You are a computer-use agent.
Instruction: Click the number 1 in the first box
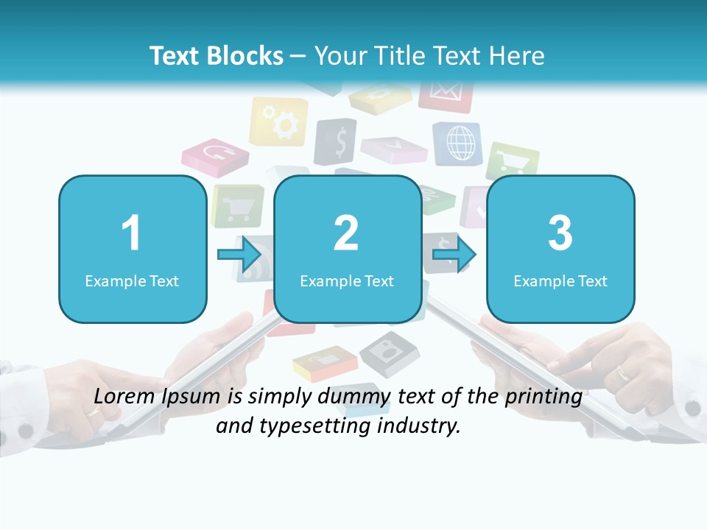132,233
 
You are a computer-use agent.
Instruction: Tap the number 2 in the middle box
346,233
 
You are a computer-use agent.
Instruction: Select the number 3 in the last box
560,233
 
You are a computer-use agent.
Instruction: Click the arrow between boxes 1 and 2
240,255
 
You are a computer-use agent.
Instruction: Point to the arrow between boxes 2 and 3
454,255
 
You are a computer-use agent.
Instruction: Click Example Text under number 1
132,280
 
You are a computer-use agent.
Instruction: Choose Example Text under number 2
347,280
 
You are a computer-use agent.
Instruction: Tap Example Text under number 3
560,280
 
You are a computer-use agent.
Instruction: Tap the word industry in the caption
421,425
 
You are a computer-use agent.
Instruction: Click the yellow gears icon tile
279,121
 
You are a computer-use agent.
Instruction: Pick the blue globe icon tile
458,143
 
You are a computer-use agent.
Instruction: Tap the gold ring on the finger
623,372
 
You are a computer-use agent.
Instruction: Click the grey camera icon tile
389,351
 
